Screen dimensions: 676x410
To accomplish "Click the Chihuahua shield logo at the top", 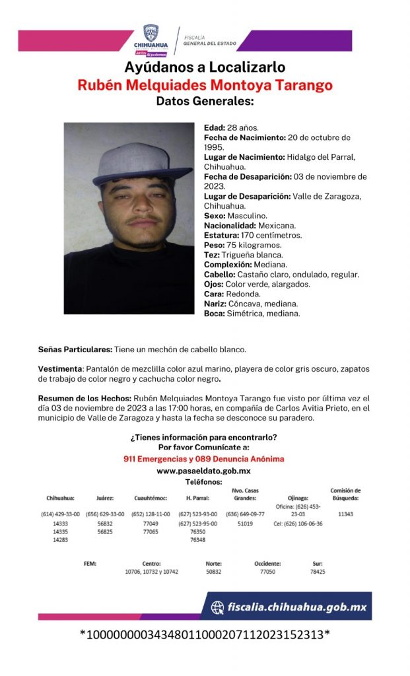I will tap(151, 34).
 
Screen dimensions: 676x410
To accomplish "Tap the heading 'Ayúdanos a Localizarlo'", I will tap(205, 67).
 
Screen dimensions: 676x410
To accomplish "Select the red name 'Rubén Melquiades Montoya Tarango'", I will tap(205, 85).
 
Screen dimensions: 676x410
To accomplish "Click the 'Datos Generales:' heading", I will tap(205, 102).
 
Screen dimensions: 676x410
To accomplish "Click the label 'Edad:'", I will tap(214, 127).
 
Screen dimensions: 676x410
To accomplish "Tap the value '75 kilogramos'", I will tap(251, 245).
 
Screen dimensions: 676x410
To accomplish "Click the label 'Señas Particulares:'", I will tap(75, 349).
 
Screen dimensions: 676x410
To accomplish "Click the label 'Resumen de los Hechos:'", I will tap(85, 399).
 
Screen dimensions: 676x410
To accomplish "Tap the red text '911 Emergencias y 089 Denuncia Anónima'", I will tap(203, 458).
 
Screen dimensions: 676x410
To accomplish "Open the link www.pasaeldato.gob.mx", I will tap(203, 471).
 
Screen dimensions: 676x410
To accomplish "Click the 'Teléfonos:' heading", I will tap(203, 483).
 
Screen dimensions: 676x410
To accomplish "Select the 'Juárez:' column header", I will tap(105, 498).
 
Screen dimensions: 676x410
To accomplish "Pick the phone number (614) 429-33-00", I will tap(60, 514).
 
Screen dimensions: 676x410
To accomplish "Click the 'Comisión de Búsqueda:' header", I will tap(345, 494).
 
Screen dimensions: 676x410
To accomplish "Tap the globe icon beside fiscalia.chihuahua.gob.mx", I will tap(217, 607).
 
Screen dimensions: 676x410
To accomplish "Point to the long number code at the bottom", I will tap(205, 634).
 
